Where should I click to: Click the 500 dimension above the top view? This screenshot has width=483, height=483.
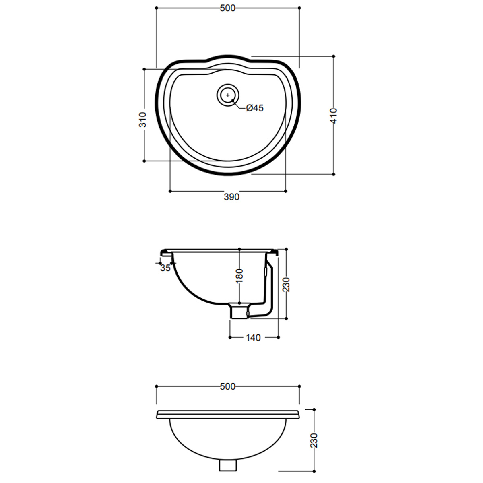tap(227, 8)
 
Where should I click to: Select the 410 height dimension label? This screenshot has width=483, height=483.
tap(334, 116)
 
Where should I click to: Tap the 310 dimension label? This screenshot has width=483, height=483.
tap(142, 120)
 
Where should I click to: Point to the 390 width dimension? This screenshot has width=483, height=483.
tap(231, 197)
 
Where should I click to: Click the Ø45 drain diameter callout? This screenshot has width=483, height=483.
tap(255, 108)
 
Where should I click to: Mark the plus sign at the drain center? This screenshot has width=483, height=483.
tap(228, 95)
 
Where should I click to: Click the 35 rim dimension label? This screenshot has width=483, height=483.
tap(165, 268)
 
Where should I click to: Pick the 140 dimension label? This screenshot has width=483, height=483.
tap(253, 338)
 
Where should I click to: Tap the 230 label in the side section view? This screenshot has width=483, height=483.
tap(286, 285)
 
